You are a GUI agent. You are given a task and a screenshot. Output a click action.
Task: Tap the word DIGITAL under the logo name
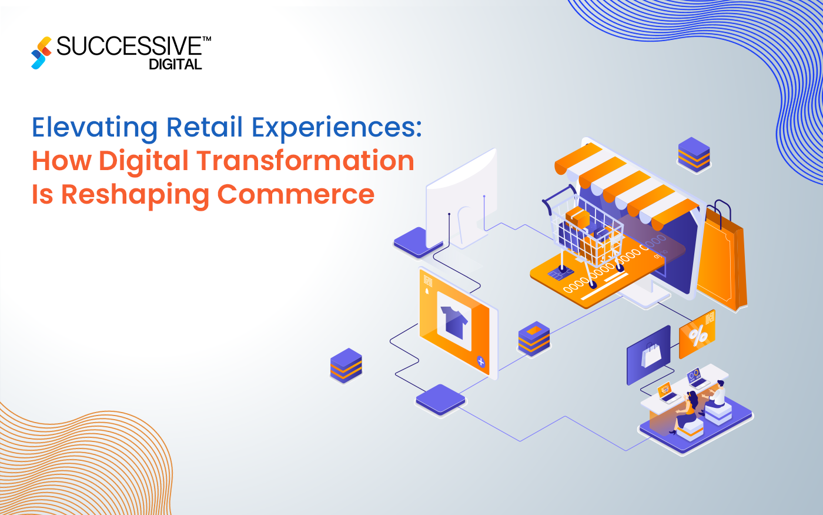175,65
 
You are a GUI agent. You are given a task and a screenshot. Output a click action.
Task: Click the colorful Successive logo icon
42,53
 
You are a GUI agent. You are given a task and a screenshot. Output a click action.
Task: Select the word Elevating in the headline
95,128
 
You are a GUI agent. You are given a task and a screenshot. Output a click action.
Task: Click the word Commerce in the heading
296,194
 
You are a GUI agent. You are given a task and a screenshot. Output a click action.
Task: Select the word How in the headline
61,161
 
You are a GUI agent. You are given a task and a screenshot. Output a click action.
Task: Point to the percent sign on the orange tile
698,336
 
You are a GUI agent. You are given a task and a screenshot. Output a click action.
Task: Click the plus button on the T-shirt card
481,361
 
